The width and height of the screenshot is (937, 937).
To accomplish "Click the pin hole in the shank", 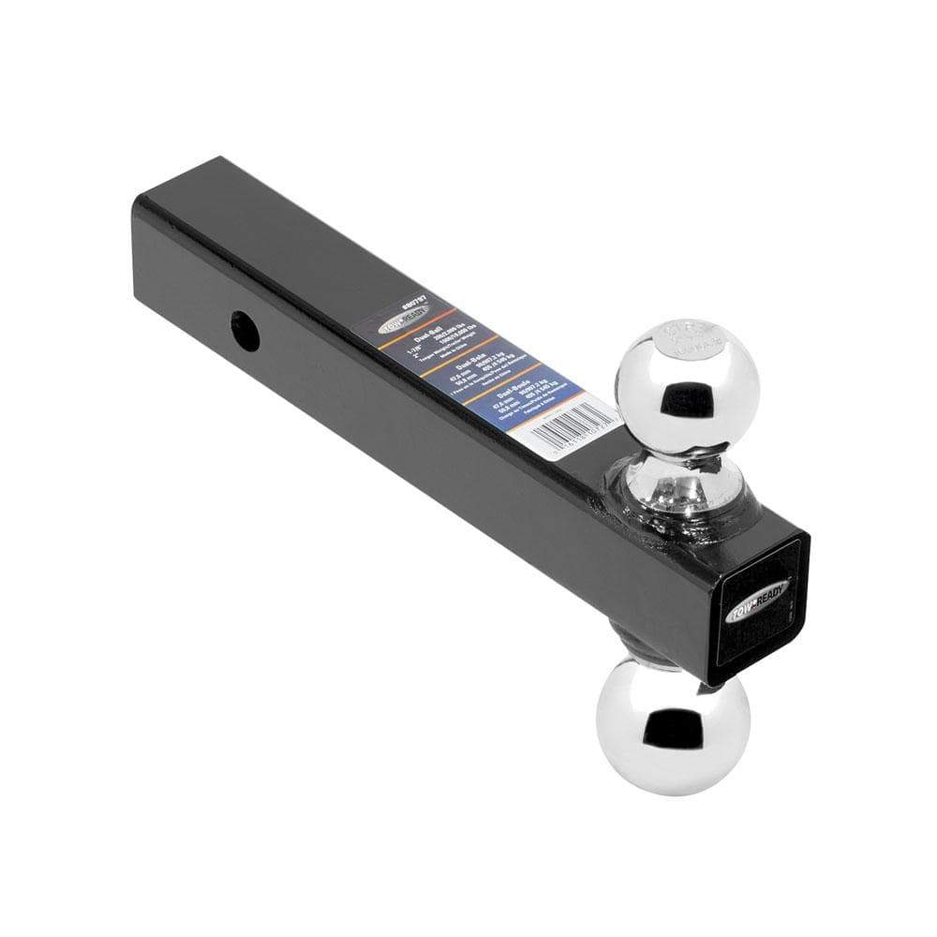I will pos(245,332).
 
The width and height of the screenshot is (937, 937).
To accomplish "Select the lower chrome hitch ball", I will pos(672,723).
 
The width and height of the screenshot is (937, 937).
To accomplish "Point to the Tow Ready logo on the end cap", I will pos(757,601).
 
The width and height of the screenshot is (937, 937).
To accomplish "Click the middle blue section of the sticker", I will pos(483,367).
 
